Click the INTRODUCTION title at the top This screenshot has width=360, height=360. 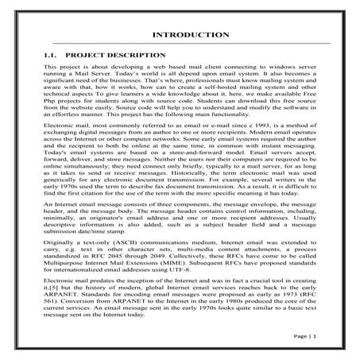pyautogui.click(x=179, y=37)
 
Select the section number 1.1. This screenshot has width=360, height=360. pyautogui.click(x=53, y=57)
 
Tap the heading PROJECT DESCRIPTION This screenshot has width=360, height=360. pyautogui.click(x=116, y=57)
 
